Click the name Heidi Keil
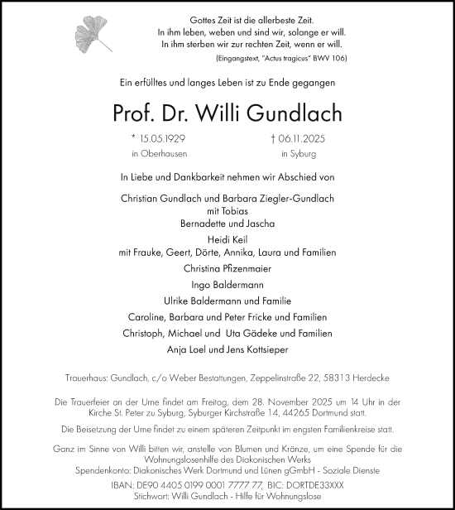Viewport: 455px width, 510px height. pos(227,238)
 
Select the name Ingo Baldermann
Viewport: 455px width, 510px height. pos(227,284)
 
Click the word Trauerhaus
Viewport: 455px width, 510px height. pos(89,378)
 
